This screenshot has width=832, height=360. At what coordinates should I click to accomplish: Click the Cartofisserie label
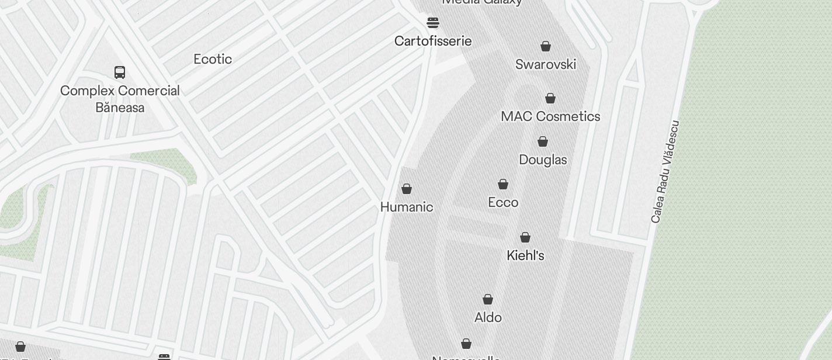coord(433,41)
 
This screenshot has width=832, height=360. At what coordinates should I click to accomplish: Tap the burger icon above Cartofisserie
coord(433,23)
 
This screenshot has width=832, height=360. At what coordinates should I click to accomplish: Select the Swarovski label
coord(546,64)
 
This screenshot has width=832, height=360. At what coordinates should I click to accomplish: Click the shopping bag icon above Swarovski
coord(546,46)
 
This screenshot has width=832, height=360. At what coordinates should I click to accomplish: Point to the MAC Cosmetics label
coord(550,116)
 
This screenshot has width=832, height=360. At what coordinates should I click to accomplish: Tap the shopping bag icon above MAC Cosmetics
coord(550,98)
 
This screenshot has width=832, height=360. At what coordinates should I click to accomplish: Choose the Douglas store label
coord(543,160)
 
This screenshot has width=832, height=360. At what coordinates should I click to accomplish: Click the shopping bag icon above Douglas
coord(543,141)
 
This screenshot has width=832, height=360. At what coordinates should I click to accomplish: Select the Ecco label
coord(503,202)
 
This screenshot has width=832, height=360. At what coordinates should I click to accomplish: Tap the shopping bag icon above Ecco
coord(503,184)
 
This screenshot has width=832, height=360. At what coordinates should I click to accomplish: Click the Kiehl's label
coord(525,255)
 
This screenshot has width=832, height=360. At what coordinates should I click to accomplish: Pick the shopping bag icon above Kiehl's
coord(525,237)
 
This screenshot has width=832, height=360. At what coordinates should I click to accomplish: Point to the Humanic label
coord(407,207)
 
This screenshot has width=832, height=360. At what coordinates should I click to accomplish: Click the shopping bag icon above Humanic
coord(407,189)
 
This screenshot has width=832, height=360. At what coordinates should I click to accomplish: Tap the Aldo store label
coord(488,317)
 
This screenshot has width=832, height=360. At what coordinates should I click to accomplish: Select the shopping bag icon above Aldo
coord(488,299)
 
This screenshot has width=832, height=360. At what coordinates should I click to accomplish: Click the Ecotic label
coord(213,59)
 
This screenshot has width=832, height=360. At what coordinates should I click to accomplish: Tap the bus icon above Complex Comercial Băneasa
coord(120,72)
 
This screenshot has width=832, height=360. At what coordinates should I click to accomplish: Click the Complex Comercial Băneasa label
coord(120,99)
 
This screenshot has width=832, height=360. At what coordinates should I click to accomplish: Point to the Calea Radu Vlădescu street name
coord(665,171)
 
